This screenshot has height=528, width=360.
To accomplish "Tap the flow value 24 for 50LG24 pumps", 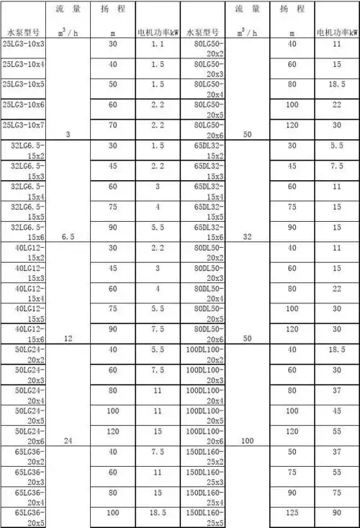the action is coord(68,440).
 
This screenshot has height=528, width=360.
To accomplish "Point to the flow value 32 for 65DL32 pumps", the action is coord(248,236).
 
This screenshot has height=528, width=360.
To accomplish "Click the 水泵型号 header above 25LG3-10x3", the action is coord(26,33).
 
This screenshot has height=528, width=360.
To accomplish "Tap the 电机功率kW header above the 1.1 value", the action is coord(159,33).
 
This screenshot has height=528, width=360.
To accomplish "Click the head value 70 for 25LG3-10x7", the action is coord(112,125).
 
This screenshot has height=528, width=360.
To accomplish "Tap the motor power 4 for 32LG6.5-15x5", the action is coord(159,207).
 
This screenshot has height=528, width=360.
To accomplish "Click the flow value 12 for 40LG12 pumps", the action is coord(68,338).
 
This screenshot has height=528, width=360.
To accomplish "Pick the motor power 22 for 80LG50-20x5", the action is coord(336,104).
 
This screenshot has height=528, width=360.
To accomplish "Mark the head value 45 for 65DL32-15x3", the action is coord(292,166).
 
